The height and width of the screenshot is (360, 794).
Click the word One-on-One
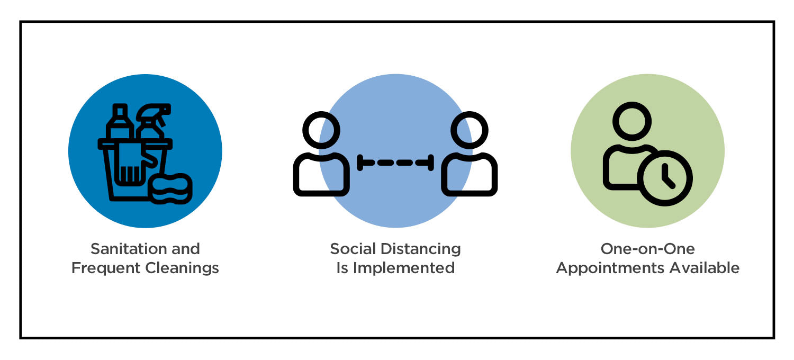tap(647, 249)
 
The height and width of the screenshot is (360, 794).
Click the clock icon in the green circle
tap(665, 178)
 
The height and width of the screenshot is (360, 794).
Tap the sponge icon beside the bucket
tap(170, 188)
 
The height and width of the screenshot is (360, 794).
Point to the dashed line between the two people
tap(395, 163)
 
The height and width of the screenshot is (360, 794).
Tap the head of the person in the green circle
tap(631, 121)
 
